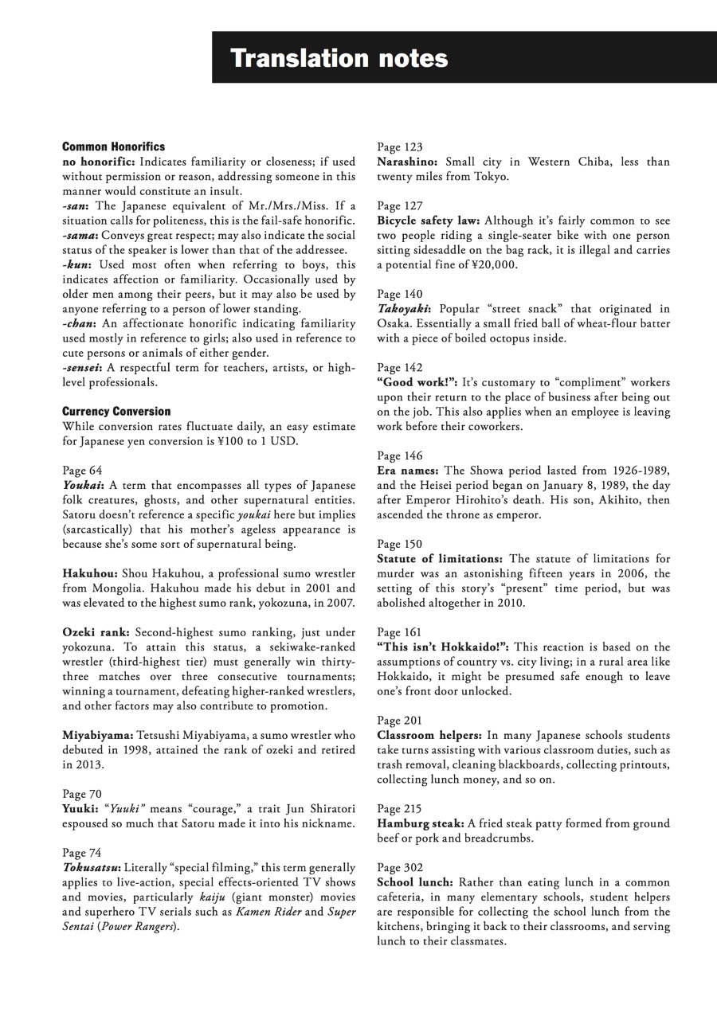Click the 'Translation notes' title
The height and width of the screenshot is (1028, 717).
339,58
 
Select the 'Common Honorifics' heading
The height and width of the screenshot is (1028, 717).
113,147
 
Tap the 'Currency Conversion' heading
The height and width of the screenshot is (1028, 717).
116,411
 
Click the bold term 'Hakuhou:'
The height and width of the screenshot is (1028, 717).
90,573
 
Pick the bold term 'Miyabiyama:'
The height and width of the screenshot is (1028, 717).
98,736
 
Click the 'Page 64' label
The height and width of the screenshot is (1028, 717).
82,471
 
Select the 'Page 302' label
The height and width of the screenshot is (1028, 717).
400,867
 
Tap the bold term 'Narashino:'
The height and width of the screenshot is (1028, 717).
407,162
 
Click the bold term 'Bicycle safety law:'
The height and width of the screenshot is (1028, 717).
429,221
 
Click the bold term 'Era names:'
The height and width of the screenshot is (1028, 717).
408,471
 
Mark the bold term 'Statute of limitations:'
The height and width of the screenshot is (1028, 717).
440,559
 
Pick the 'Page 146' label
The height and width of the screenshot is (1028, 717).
400,456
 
